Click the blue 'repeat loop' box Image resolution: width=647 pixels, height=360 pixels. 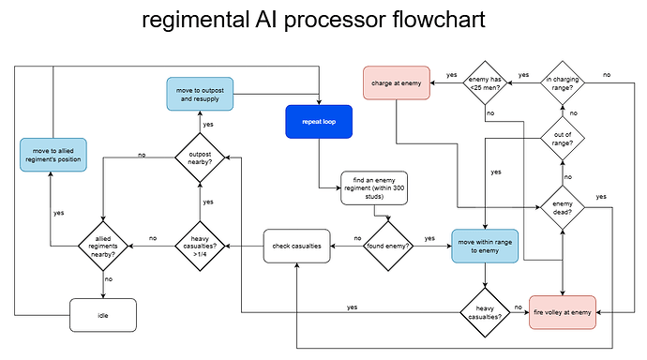coord(319,122)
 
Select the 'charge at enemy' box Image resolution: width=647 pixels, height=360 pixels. coord(397,82)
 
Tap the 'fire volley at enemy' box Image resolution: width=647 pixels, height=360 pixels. coord(563,312)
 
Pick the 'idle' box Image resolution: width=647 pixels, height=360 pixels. coord(103,315)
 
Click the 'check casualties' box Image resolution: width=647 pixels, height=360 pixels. coord(296,247)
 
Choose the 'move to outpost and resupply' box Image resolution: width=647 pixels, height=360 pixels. coord(200,94)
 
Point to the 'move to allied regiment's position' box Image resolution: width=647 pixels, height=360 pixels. coord(53,155)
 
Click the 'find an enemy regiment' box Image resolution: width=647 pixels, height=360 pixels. coord(374,188)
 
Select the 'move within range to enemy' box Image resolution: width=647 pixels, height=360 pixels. coord(485,247)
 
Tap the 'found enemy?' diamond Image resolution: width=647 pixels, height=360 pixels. coord(388,247)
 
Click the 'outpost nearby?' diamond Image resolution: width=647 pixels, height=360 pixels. coord(200,157)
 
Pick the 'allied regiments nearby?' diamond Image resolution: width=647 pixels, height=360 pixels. coord(103,247)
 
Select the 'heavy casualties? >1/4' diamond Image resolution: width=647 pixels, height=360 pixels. coord(200,247)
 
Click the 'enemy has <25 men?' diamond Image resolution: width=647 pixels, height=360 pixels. coord(485,82)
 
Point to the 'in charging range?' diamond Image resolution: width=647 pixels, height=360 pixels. coord(563,82)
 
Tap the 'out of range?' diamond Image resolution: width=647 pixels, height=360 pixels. coord(563,139)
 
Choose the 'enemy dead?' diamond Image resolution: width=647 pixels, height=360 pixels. coord(563,207)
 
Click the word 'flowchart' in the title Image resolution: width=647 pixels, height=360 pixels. coord(439,20)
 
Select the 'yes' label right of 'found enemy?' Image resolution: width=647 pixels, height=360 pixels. coord(429,238)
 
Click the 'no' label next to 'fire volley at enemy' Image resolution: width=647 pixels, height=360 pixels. coord(519,307)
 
